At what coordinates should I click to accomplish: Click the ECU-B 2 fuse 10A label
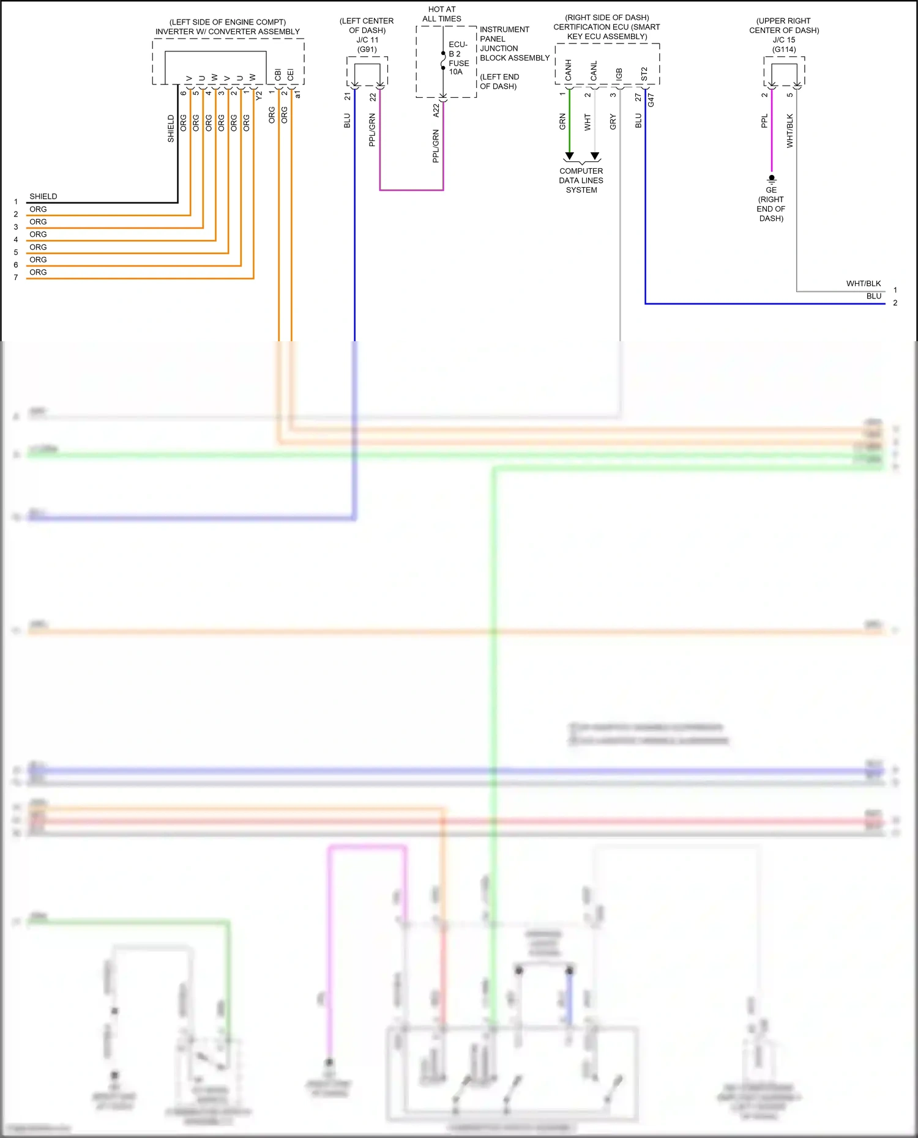[x=458, y=58]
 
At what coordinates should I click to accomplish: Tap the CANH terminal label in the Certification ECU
[x=569, y=70]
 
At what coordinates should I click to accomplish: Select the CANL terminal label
[x=594, y=71]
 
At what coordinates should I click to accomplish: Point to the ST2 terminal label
[x=644, y=74]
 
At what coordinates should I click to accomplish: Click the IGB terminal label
[x=619, y=74]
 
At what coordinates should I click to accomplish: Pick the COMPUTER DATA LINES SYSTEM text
[x=581, y=180]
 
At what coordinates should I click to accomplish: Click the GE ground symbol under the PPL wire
[x=772, y=179]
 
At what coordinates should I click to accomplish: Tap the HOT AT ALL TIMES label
[x=442, y=14]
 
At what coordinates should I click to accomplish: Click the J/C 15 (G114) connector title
[x=784, y=45]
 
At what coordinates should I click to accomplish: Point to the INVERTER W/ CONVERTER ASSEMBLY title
[x=228, y=31]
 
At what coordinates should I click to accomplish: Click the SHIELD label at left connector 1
[x=43, y=196]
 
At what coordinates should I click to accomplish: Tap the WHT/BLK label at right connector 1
[x=864, y=283]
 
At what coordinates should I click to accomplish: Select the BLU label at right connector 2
[x=873, y=296]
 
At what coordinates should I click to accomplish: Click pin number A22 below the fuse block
[x=436, y=110]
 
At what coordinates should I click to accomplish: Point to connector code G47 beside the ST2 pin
[x=651, y=100]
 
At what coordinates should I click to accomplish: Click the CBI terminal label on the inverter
[x=278, y=75]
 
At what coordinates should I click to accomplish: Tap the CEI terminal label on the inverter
[x=291, y=75]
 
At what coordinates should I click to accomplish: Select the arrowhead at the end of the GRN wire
[x=569, y=156]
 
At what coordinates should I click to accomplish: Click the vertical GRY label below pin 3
[x=613, y=122]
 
